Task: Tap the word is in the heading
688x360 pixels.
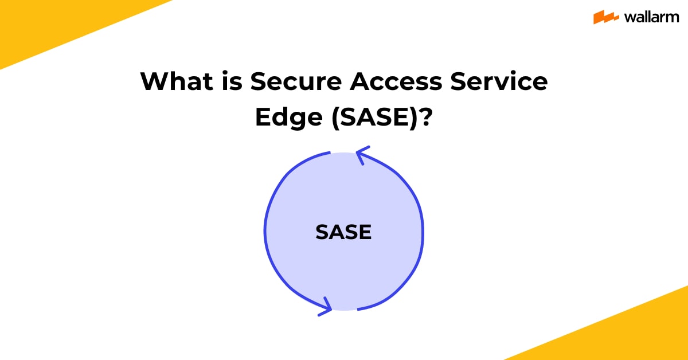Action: (x=228, y=82)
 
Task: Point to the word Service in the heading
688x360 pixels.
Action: (x=498, y=82)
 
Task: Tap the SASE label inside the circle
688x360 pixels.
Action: (x=343, y=232)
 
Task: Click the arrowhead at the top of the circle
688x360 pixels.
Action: (x=362, y=155)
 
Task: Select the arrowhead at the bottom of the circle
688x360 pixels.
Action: (x=325, y=306)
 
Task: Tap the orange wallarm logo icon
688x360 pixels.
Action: (x=605, y=17)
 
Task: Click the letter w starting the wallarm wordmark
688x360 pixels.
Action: (x=627, y=18)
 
